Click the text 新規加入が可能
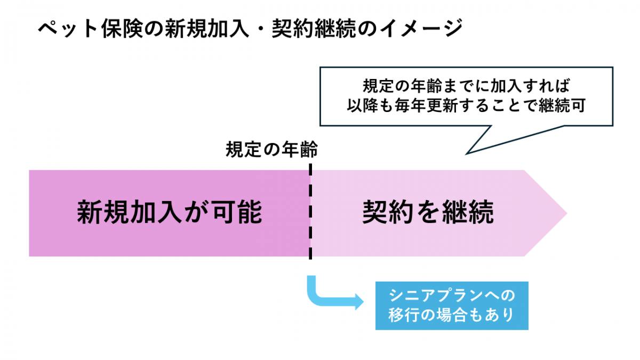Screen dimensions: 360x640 170,212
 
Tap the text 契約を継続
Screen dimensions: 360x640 428,212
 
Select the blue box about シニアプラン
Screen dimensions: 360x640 451,305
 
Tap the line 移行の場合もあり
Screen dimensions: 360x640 451,315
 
